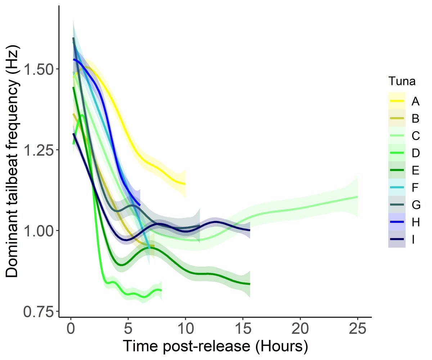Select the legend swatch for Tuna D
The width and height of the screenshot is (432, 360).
tap(397, 154)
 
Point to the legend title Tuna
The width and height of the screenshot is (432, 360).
tap(402, 82)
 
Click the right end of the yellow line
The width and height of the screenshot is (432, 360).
tap(185, 184)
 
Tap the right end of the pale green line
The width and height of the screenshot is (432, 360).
tap(357, 197)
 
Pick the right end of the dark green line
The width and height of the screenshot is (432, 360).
tap(249, 284)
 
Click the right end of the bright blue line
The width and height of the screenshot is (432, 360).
tap(140, 205)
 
